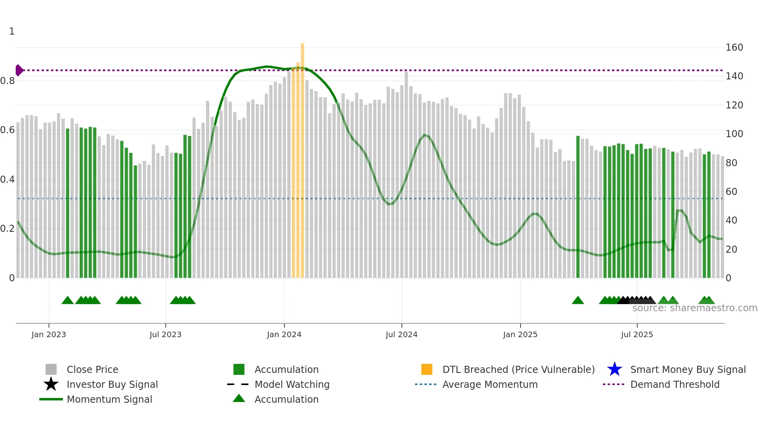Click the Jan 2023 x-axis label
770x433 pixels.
49,335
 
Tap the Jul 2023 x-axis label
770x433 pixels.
165,335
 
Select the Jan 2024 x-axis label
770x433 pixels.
284,335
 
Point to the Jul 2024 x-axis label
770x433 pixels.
401,335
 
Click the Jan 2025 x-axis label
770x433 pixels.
520,335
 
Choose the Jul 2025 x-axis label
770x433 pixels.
637,335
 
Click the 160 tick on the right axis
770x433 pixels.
734,48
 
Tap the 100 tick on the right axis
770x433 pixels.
734,134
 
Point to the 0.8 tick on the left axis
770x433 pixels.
7,81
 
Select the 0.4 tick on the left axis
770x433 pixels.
7,180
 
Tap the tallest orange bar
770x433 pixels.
302,157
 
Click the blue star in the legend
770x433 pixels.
614,369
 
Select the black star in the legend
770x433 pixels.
51,384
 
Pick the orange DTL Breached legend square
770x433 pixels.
427,369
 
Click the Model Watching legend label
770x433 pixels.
292,384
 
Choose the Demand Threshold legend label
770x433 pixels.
675,384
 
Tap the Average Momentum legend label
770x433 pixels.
490,384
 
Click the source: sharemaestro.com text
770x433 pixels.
695,308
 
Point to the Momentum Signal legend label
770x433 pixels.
109,399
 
